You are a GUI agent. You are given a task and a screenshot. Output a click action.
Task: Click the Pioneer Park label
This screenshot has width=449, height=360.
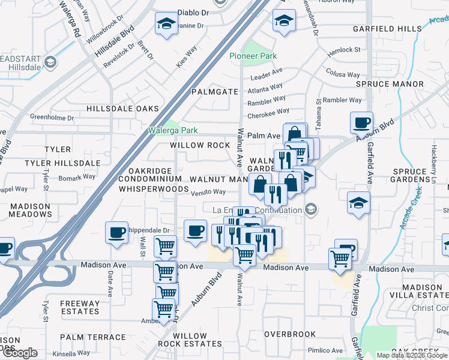(x=253, y=56)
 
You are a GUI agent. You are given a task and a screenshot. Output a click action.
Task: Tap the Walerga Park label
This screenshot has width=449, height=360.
(x=173, y=130)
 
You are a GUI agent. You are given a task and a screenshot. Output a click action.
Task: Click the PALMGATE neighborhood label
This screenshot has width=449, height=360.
(x=215, y=92)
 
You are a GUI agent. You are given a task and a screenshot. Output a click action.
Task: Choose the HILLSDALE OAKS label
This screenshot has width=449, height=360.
(x=122, y=109)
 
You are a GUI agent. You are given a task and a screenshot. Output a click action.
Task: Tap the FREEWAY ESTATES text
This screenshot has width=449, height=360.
(x=79, y=307)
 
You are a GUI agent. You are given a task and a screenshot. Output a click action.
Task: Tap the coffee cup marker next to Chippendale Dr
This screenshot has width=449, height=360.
(x=116, y=232)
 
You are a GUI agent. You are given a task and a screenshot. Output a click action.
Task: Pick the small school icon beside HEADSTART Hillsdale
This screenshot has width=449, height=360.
(x=50, y=61)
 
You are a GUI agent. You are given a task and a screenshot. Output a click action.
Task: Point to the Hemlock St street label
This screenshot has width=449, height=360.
(x=344, y=52)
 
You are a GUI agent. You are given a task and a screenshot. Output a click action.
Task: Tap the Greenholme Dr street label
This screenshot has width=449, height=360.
(x=51, y=117)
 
